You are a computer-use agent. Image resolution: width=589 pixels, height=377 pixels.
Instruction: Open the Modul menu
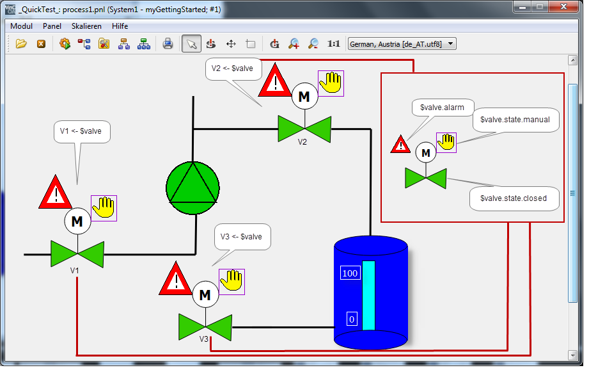click(21, 26)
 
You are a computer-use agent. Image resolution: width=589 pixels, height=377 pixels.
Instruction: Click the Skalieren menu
click(86, 26)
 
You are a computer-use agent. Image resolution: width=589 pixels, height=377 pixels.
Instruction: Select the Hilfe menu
click(120, 26)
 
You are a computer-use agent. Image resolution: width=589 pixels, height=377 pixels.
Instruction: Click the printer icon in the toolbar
click(168, 44)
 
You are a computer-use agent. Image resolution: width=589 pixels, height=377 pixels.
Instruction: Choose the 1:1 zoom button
click(334, 44)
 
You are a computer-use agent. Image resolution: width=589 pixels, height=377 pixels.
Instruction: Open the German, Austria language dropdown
click(402, 44)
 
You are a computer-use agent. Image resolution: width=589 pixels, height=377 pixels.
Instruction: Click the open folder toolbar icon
click(21, 44)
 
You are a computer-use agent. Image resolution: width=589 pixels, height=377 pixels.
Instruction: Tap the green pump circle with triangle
click(192, 188)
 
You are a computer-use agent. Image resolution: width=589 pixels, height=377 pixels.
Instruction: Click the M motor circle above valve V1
click(77, 221)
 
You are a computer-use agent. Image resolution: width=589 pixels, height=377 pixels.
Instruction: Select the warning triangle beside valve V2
click(275, 80)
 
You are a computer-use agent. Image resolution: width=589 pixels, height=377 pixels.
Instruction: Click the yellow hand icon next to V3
click(232, 282)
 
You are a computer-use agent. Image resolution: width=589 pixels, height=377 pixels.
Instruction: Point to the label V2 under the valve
click(302, 141)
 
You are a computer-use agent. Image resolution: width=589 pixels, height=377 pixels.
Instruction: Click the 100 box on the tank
click(350, 273)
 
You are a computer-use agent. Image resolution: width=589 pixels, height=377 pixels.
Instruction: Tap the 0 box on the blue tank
click(352, 319)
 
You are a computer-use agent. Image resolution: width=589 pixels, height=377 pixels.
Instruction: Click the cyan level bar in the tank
click(368, 296)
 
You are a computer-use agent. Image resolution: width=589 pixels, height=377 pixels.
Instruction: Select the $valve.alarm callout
click(443, 108)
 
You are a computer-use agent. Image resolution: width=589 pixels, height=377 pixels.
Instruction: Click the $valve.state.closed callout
click(514, 198)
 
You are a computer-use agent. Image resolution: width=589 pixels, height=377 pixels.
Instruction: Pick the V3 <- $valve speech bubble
click(242, 237)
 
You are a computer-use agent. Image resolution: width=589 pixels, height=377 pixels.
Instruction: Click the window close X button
click(563, 6)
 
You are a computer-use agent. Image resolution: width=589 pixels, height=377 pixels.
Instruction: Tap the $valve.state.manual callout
click(515, 120)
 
